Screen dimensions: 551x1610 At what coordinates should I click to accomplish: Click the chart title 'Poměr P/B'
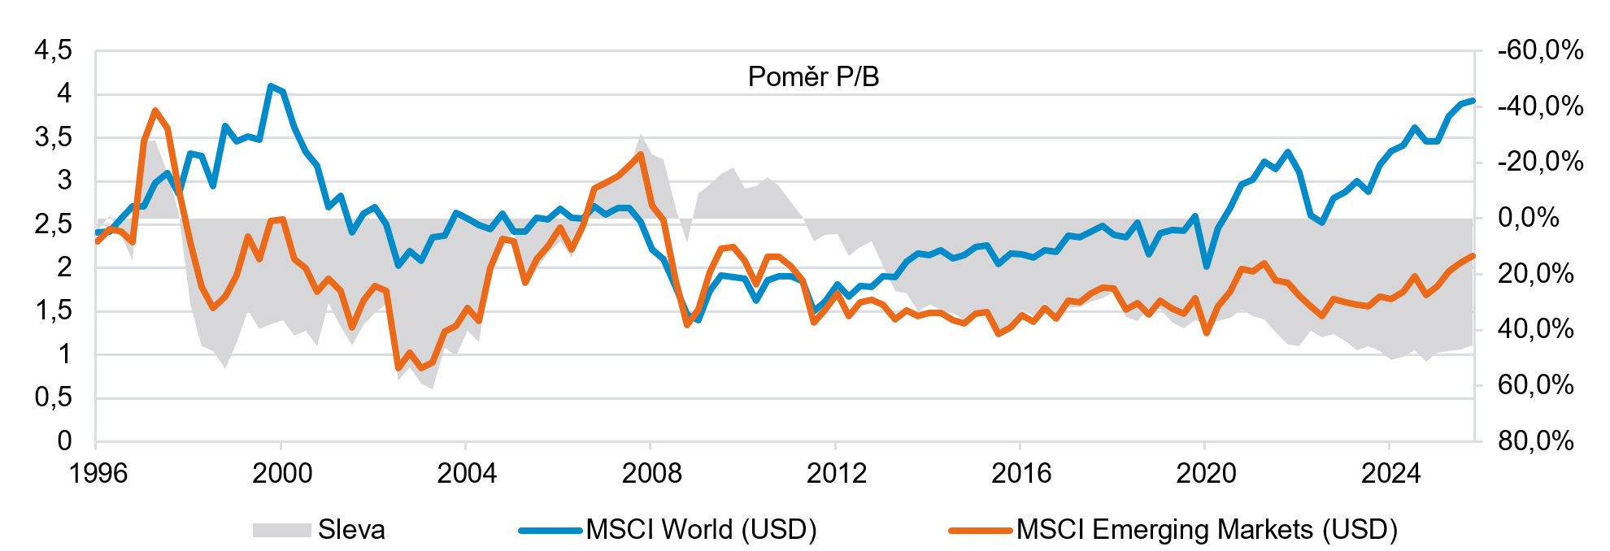click(x=813, y=76)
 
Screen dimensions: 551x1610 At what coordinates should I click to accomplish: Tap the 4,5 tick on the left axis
click(x=53, y=50)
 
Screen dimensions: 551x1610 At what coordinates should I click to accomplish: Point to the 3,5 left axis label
click(x=53, y=137)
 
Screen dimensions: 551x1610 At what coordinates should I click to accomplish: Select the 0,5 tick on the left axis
click(x=53, y=397)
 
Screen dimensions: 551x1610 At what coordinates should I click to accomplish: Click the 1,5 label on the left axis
click(x=53, y=310)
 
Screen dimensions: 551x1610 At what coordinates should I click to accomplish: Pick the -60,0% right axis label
click(x=1540, y=50)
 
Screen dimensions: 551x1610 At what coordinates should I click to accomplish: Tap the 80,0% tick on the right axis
click(x=1535, y=440)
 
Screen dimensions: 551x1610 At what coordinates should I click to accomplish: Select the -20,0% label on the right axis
click(x=1540, y=162)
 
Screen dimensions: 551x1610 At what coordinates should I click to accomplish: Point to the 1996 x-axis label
click(x=98, y=473)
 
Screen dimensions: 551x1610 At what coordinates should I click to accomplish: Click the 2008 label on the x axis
click(x=651, y=473)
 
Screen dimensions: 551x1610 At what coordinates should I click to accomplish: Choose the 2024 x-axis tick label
click(x=1390, y=473)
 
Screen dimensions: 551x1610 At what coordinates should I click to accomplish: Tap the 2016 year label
click(x=1021, y=473)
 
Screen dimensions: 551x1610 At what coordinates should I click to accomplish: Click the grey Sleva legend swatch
click(x=281, y=530)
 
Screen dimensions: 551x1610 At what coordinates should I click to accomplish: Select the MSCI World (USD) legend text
click(x=701, y=530)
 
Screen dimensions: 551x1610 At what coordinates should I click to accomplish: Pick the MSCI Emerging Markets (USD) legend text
click(x=1207, y=530)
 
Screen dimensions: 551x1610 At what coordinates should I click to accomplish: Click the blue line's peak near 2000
click(x=271, y=86)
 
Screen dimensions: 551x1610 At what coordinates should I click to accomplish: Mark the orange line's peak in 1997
click(x=155, y=111)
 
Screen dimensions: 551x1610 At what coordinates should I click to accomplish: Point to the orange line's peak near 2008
click(x=642, y=154)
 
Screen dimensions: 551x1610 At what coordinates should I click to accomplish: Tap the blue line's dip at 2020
click(x=1206, y=266)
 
